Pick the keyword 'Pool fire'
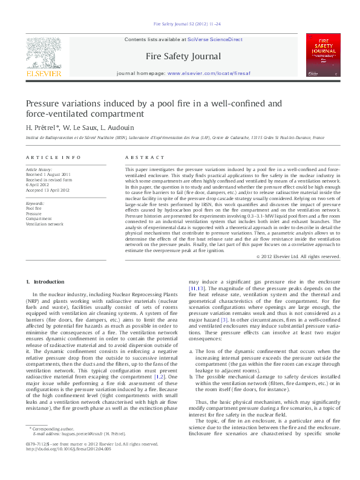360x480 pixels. [x=34, y=209]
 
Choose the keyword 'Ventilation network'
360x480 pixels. [x=44, y=224]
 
